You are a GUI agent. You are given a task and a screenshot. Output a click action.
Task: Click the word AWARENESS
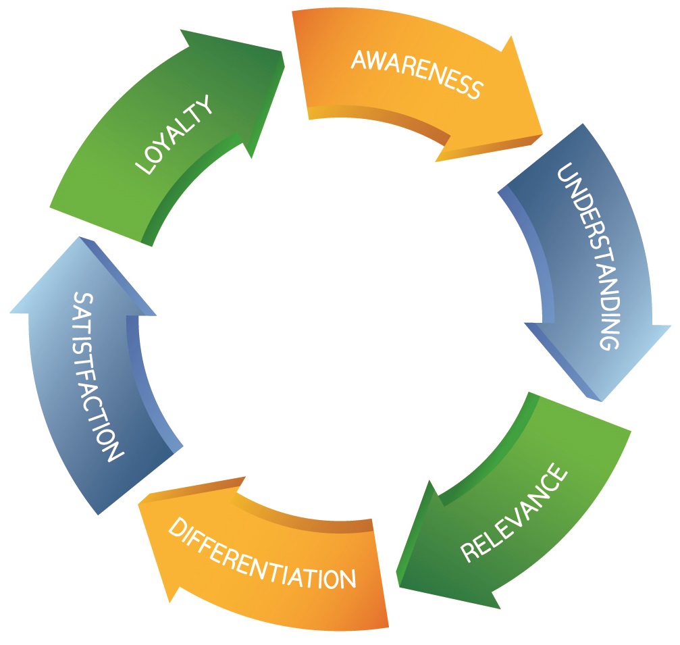[x=417, y=73]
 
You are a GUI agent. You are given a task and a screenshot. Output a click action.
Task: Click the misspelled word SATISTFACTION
[x=97, y=375]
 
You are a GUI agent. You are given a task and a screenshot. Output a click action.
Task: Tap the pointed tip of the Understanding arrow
[x=598, y=399]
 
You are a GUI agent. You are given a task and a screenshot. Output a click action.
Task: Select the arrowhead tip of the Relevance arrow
[x=398, y=585]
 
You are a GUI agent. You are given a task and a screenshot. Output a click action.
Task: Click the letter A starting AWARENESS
[x=358, y=59]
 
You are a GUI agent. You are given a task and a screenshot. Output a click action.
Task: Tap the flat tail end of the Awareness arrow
[x=301, y=65]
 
